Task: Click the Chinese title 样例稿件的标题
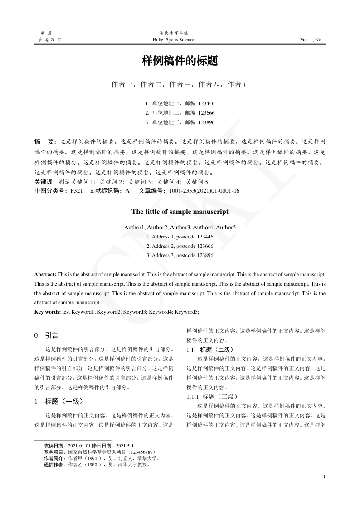coord(180,61)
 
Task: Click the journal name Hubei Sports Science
coord(174,40)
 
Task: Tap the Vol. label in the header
coord(304,40)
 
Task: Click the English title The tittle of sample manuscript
coord(180,212)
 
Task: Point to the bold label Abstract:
coord(45,274)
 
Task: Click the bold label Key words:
coord(48,312)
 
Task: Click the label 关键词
coord(44,182)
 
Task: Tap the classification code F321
coord(77,191)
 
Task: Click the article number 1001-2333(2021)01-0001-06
coord(204,191)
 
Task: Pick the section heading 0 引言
coord(46,336)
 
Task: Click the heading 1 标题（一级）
coord(59,401)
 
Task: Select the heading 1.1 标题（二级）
coord(210,349)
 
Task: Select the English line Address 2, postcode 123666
coord(180,246)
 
